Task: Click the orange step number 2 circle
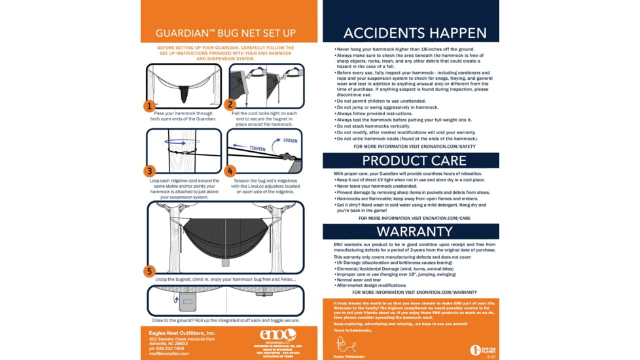point(230,104)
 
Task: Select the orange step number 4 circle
point(230,171)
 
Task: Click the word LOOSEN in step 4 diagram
point(291,140)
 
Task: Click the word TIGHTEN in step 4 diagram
point(257,149)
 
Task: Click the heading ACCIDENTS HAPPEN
point(415,33)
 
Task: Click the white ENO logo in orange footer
point(279,334)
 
